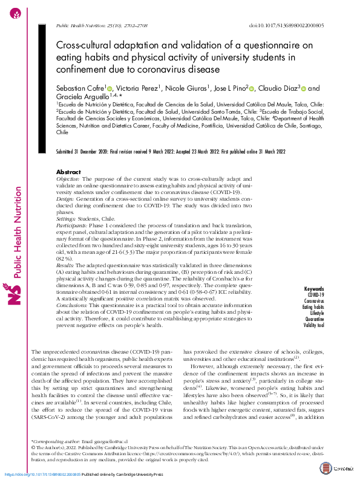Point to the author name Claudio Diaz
pyautogui.click(x=279, y=88)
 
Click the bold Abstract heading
pyautogui.click(x=68, y=172)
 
